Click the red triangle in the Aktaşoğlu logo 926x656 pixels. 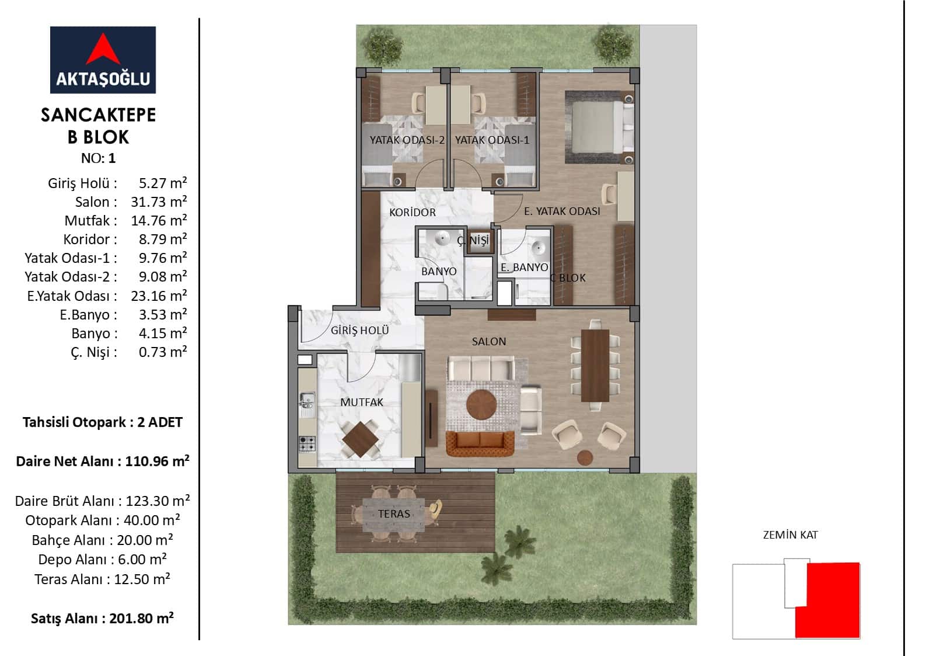(x=103, y=52)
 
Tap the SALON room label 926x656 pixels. (x=488, y=342)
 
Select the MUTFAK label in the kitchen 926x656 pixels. (x=362, y=402)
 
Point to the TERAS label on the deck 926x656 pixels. (x=394, y=513)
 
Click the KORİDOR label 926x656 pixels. (x=413, y=212)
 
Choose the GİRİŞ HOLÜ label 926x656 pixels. (x=359, y=330)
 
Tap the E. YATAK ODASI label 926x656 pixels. (x=562, y=211)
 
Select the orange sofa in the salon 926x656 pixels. (x=480, y=443)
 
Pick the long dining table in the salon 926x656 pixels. (x=595, y=366)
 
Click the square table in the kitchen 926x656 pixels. (x=360, y=439)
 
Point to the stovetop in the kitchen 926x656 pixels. (x=307, y=444)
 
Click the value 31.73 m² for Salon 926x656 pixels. (x=159, y=202)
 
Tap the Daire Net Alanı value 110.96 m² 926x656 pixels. (x=157, y=461)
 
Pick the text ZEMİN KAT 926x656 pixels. (x=790, y=534)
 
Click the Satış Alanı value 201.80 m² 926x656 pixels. (x=141, y=618)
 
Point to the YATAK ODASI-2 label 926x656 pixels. (x=407, y=140)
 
